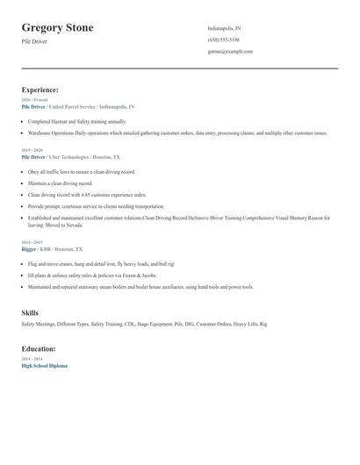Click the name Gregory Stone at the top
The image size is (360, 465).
pyautogui.click(x=57, y=28)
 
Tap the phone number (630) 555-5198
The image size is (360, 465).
pyautogui.click(x=223, y=39)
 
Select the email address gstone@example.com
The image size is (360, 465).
pyautogui.click(x=230, y=51)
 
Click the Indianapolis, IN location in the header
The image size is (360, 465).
pyautogui.click(x=224, y=28)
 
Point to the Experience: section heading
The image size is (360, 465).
pyautogui.click(x=40, y=89)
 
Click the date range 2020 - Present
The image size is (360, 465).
pyautogui.click(x=33, y=100)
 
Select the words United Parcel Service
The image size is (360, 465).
pyautogui.click(x=74, y=106)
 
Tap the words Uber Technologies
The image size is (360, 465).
pyautogui.click(x=69, y=156)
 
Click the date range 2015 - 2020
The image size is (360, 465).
pyautogui.click(x=31, y=150)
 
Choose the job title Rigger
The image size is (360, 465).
pyautogui.click(x=29, y=249)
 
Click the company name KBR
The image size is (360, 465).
pyautogui.click(x=46, y=249)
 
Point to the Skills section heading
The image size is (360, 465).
pyautogui.click(x=30, y=312)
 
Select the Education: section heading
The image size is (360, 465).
pyautogui.click(x=40, y=348)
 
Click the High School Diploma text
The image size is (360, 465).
pyautogui.click(x=44, y=365)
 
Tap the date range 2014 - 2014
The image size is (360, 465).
pyautogui.click(x=31, y=359)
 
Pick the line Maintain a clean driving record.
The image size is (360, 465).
pyautogui.click(x=60, y=183)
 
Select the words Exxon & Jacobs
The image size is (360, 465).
pyautogui.click(x=130, y=275)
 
